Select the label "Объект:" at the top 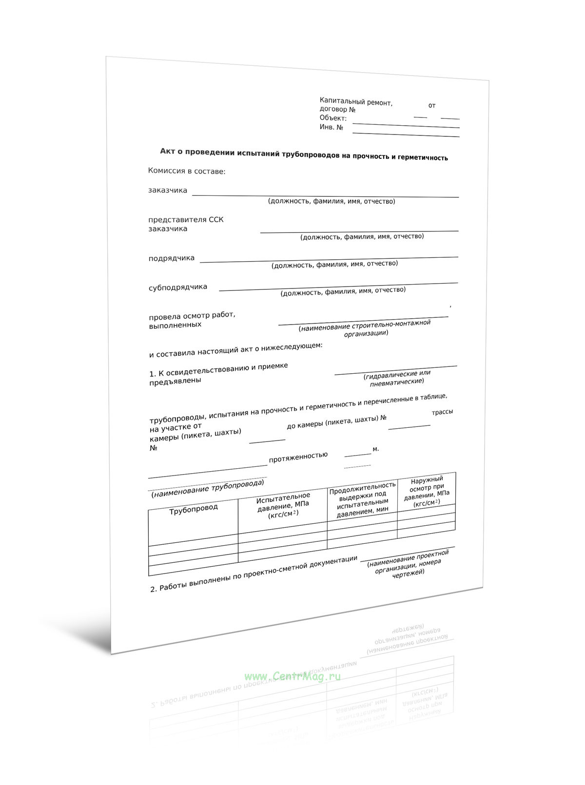(333, 118)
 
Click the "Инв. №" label (331, 127)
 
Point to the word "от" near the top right (432, 105)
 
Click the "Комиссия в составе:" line (187, 171)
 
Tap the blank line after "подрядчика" (329, 259)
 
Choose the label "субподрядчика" (178, 287)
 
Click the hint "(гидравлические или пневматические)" (397, 377)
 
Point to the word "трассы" (442, 412)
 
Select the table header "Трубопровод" (194, 509)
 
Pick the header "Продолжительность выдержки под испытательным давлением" (362, 498)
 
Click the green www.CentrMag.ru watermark (292, 676)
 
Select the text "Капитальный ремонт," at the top (356, 102)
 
